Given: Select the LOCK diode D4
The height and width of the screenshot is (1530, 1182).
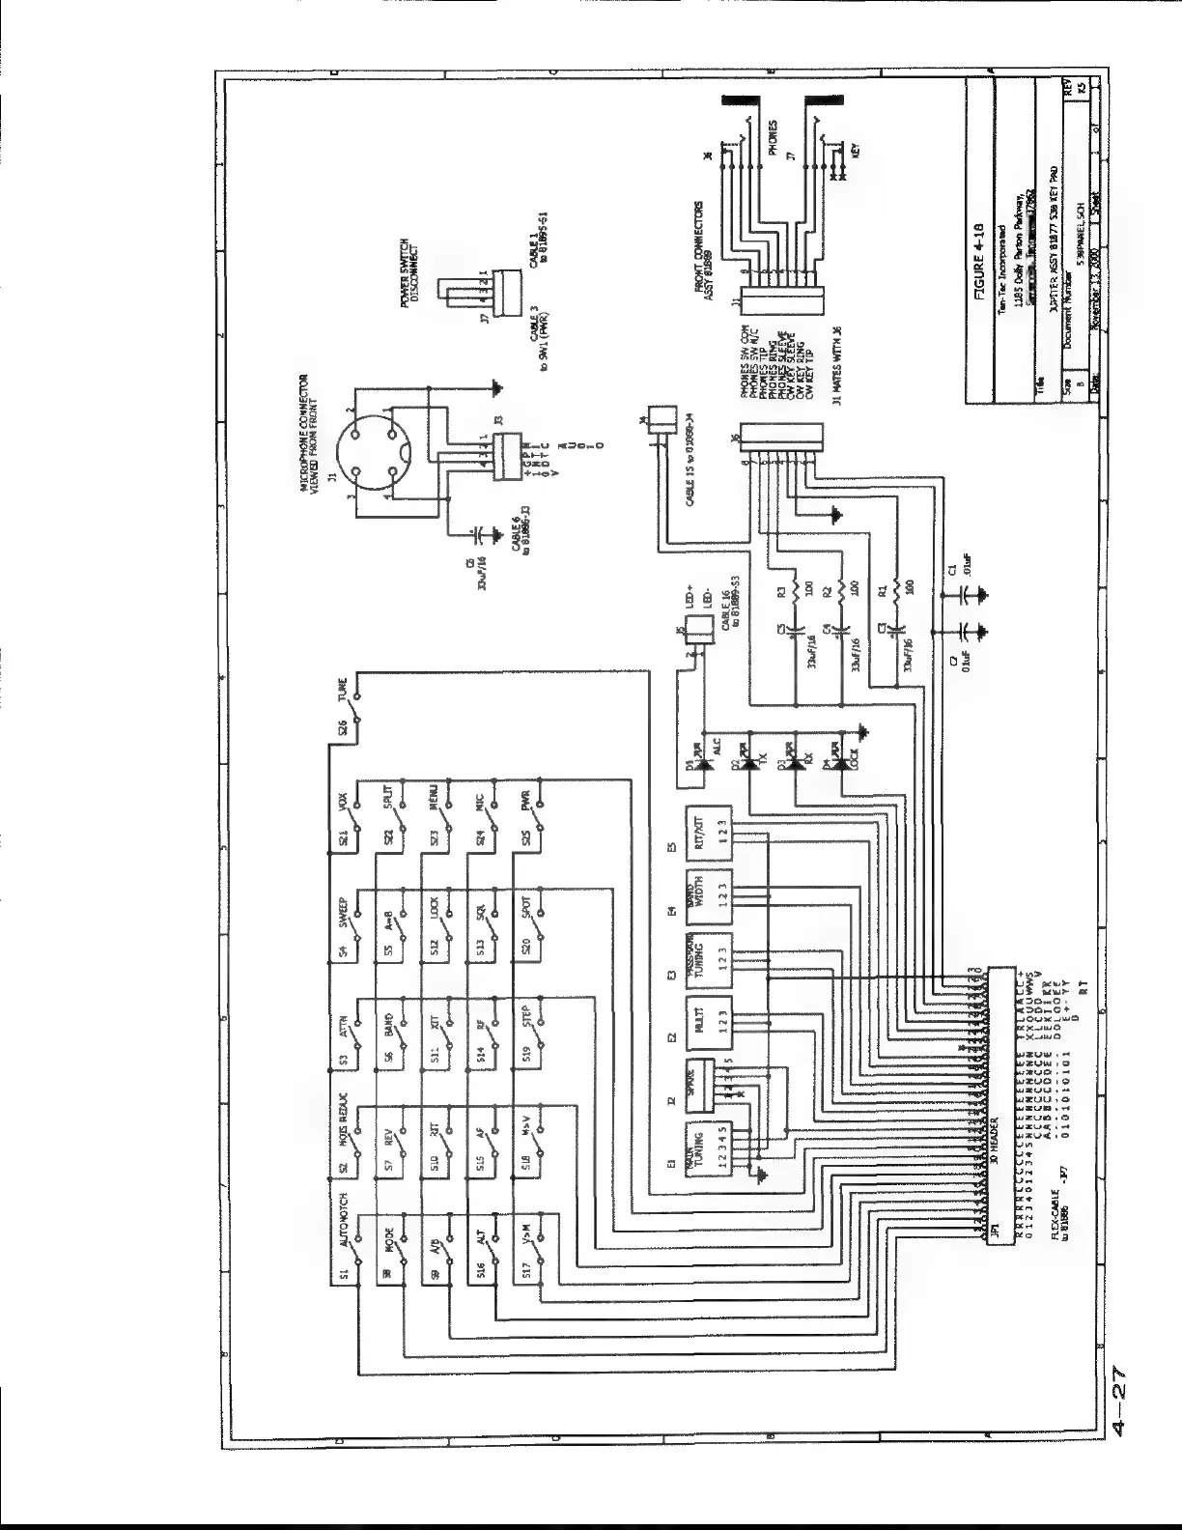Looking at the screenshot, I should coord(841,763).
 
